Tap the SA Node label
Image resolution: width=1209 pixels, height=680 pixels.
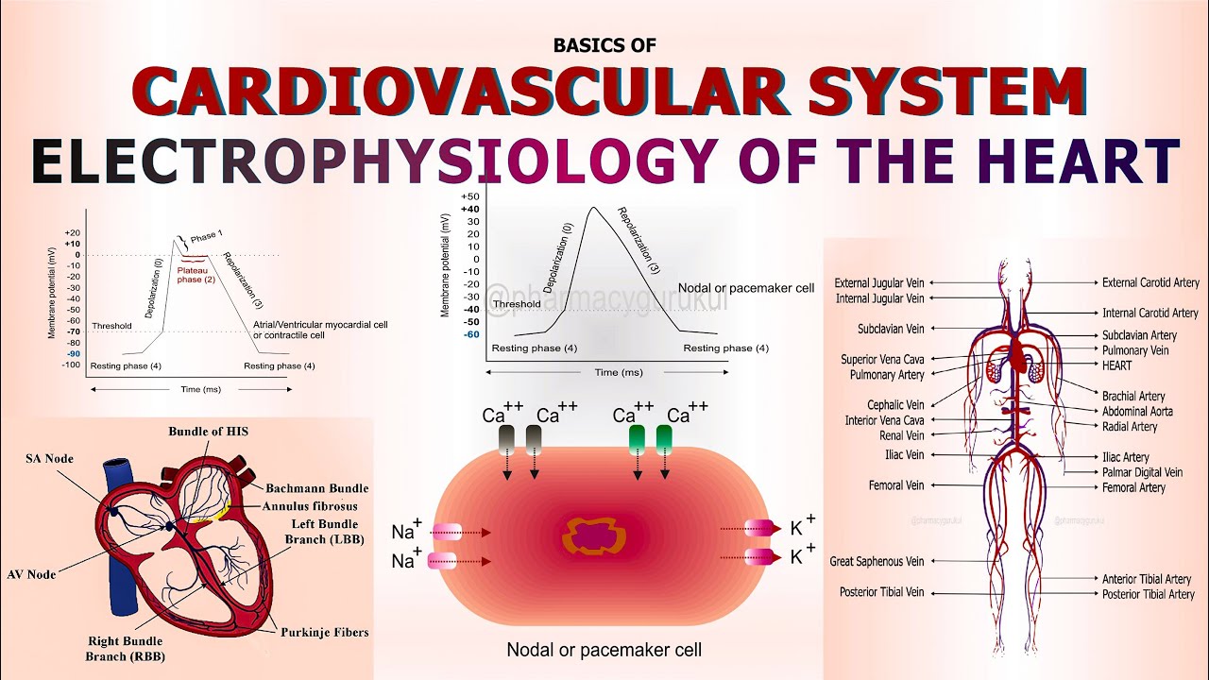pos(49,459)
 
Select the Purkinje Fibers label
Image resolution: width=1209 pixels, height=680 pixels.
pos(324,632)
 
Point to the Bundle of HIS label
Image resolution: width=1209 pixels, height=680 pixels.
pos(208,432)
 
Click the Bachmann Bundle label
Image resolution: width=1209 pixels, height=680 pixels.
pos(316,488)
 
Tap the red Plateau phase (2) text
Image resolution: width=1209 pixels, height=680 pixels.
pos(196,275)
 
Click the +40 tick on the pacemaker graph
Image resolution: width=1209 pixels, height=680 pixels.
pos(470,209)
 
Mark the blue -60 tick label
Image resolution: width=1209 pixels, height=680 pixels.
pos(470,334)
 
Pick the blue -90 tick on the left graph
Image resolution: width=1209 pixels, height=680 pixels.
pos(73,353)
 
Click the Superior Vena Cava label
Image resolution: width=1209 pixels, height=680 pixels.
pos(882,360)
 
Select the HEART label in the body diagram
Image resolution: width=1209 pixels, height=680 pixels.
pos(1116,365)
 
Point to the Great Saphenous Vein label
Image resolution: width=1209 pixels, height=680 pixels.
pos(877,561)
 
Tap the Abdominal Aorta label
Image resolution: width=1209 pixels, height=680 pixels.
pos(1137,412)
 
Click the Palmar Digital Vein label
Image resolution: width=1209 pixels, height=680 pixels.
pos(1142,472)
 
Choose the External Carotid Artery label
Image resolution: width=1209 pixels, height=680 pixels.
pos(1150,282)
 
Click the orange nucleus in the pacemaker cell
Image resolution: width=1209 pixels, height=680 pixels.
pos(594,535)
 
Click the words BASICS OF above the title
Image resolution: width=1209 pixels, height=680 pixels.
pos(604,44)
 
